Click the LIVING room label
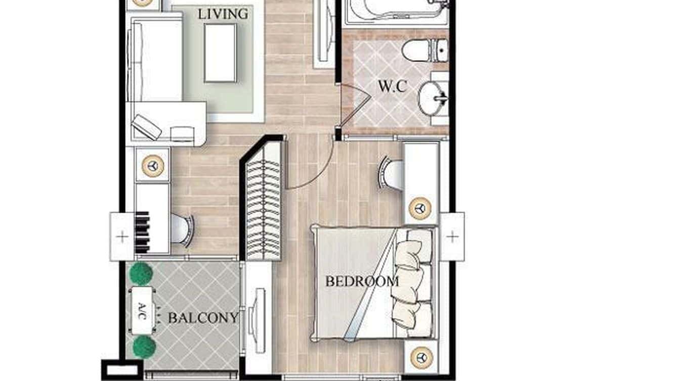pyautogui.click(x=223, y=14)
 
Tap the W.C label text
pyautogui.click(x=392, y=86)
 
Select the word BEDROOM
pyautogui.click(x=362, y=281)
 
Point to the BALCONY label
pyautogui.click(x=203, y=318)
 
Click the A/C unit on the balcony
pyautogui.click(x=142, y=310)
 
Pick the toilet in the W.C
pyautogui.click(x=425, y=50)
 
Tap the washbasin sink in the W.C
pyautogui.click(x=434, y=98)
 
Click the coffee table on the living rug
pyautogui.click(x=220, y=53)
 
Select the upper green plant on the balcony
pyautogui.click(x=141, y=273)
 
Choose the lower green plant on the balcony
pyautogui.click(x=144, y=347)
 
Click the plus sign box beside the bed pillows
pyautogui.click(x=452, y=236)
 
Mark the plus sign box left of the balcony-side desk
pyautogui.click(x=122, y=236)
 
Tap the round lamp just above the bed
pyautogui.click(x=419, y=208)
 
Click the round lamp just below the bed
pyautogui.click(x=420, y=357)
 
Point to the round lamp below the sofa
pyautogui.click(x=152, y=165)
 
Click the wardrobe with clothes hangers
pyautogui.click(x=263, y=202)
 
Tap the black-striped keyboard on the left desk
pyautogui.click(x=143, y=232)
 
